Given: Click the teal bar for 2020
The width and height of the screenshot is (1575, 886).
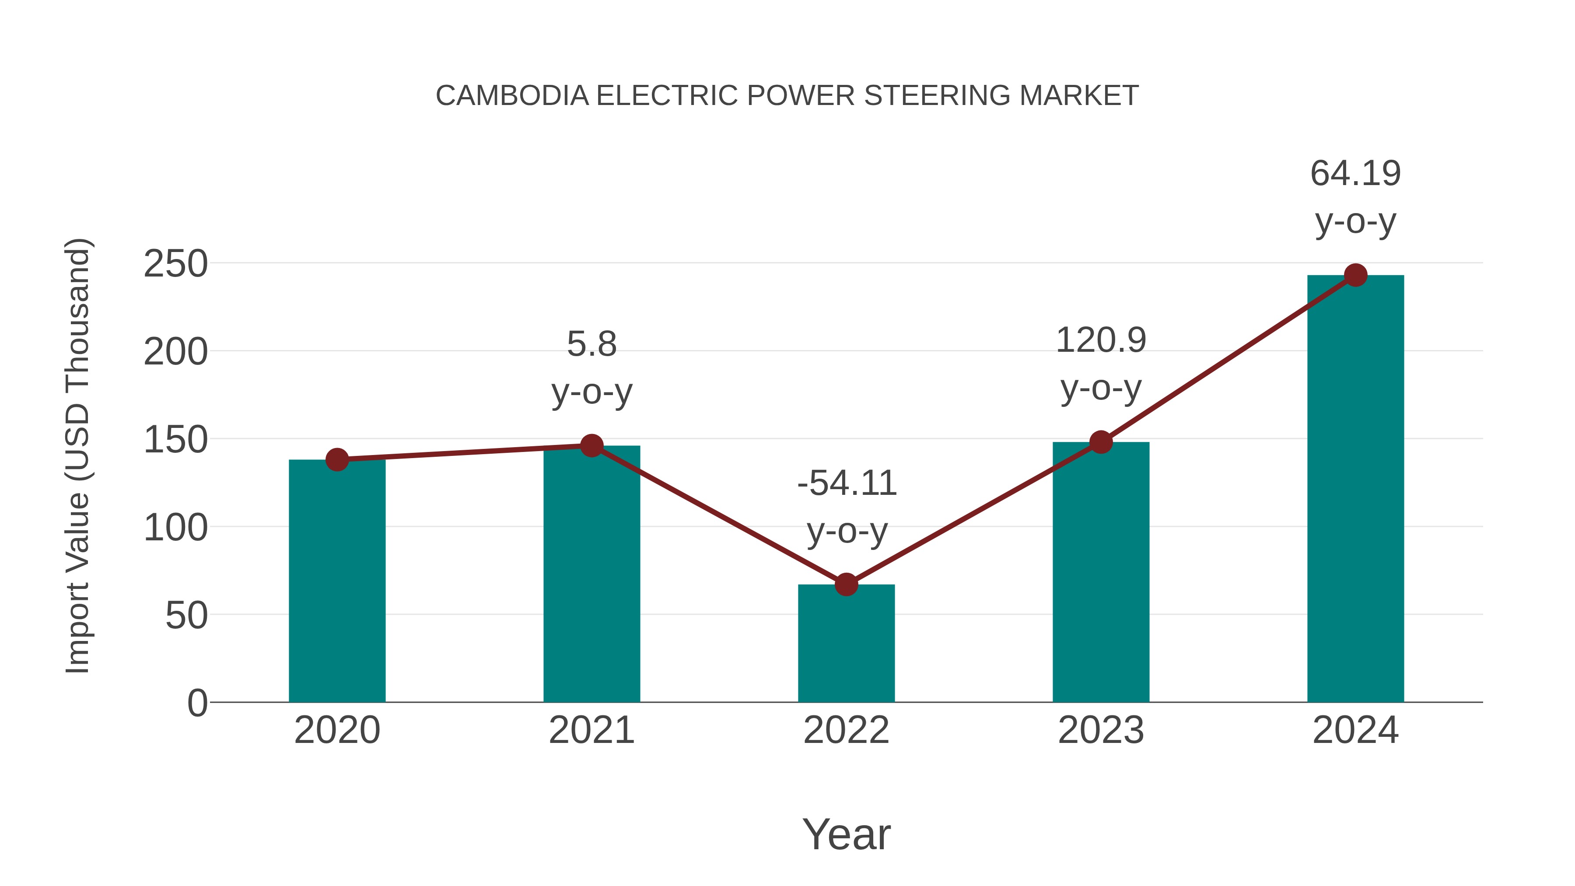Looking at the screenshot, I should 337,581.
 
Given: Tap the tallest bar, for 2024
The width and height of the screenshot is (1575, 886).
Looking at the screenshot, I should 1355,489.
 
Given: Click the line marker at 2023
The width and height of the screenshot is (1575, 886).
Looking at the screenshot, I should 1101,442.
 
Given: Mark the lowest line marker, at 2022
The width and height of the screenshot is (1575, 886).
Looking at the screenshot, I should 846,585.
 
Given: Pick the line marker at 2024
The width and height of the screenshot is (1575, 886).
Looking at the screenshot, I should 1355,275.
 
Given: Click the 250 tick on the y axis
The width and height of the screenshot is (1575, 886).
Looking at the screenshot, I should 175,264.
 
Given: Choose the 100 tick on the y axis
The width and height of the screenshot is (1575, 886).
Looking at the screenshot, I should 175,528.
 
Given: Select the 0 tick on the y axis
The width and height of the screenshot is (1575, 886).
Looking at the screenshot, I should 197,703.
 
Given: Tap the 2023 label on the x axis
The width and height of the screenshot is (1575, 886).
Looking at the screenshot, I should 1101,730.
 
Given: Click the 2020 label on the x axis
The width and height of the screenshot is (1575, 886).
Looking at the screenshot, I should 337,730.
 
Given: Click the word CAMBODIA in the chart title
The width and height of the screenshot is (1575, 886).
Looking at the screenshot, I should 512,95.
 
